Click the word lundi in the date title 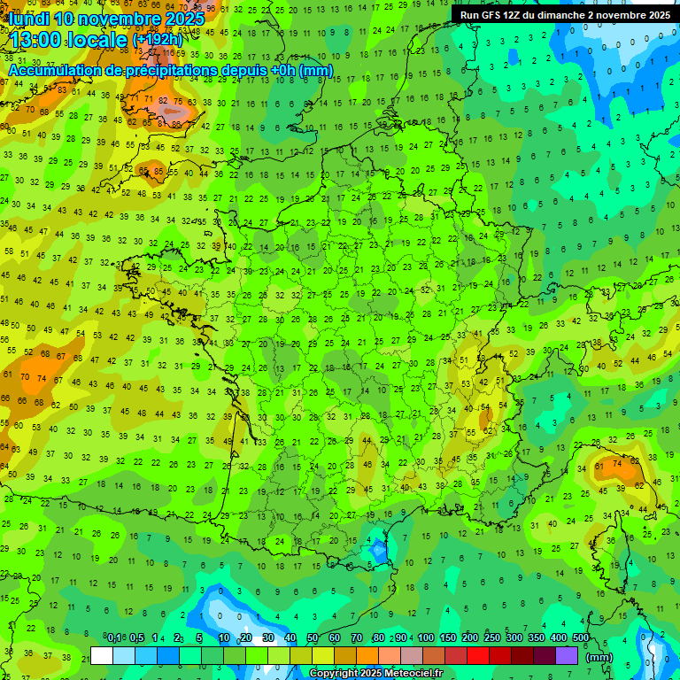[x=28, y=19]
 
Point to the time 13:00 [x=39, y=40]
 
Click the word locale [x=101, y=40]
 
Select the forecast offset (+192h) [x=158, y=40]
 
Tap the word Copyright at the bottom [x=335, y=674]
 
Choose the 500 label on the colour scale [x=581, y=637]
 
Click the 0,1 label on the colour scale [x=114, y=637]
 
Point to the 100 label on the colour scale [x=426, y=637]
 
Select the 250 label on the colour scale [x=492, y=637]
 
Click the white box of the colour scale [x=102, y=655]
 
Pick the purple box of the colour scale [x=567, y=655]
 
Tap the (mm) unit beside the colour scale [x=599, y=657]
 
